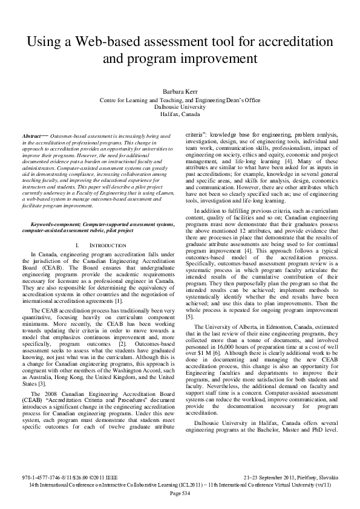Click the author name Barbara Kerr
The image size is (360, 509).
pos(180,91)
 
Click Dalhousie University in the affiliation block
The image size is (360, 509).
pos(180,106)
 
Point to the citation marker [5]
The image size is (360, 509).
pos(189,316)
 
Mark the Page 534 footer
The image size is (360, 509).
pos(180,493)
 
